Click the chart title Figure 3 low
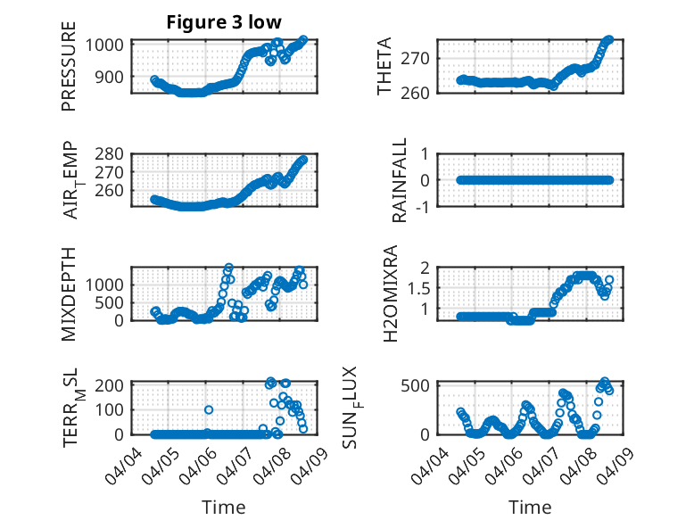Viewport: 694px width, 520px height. point(224,22)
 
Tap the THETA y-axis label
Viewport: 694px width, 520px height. point(384,67)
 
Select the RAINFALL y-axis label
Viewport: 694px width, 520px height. point(401,180)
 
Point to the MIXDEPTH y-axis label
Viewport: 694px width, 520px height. point(69,293)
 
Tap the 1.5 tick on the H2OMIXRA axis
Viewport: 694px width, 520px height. point(420,287)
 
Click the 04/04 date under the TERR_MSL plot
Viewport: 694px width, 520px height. point(125,464)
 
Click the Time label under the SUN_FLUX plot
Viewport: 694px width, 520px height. point(530,508)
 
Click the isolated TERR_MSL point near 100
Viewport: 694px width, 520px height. point(209,410)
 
